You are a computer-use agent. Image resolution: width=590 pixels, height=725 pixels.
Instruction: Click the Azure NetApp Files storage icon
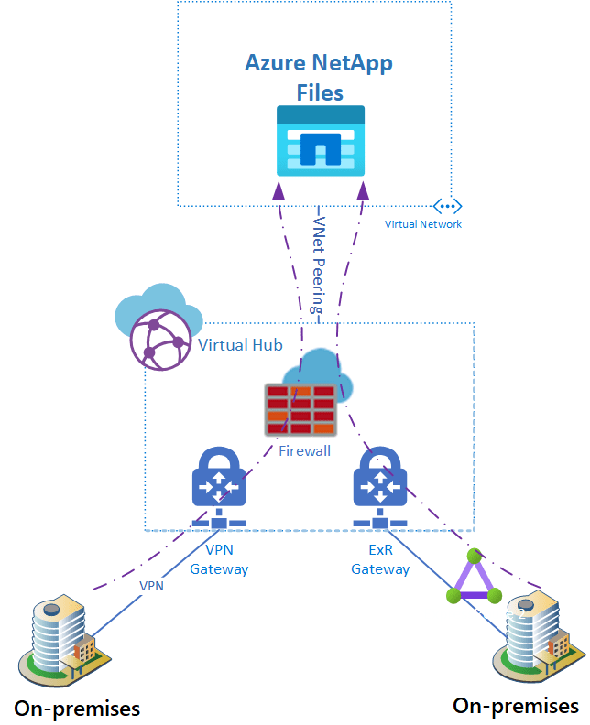(321, 140)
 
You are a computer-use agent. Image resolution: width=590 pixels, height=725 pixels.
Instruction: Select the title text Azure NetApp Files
(320, 78)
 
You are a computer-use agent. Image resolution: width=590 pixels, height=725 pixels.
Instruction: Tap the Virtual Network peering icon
(448, 206)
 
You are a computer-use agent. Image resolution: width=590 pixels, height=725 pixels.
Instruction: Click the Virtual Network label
(423, 224)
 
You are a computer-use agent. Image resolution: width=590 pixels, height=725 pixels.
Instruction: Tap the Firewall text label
(304, 451)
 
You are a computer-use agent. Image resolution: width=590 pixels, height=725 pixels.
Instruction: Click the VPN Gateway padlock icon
(218, 479)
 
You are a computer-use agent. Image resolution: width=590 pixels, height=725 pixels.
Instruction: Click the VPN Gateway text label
(219, 560)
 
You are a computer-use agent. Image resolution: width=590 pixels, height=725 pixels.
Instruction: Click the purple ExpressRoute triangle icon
(474, 579)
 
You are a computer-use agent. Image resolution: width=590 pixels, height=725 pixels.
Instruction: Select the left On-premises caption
(77, 708)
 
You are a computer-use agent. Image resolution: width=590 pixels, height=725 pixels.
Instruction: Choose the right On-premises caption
(516, 706)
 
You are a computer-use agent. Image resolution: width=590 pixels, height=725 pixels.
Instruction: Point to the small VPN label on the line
(151, 585)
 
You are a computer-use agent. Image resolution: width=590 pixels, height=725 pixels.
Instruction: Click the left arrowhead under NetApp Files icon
(278, 189)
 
